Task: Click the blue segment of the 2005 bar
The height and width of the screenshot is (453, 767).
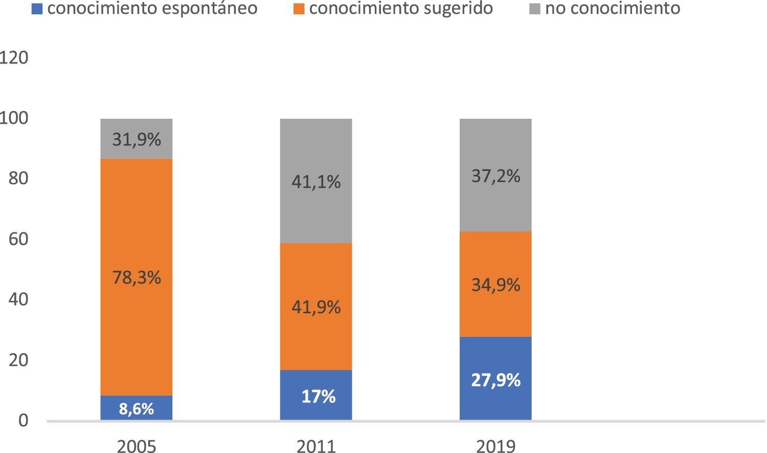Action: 136,408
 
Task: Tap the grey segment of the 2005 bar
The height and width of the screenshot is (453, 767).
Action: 136,139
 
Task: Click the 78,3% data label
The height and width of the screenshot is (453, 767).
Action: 136,277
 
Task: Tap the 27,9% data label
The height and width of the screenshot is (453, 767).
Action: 495,380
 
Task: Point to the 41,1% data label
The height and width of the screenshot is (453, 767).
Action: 315,182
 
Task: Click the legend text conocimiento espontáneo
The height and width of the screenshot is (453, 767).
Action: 152,8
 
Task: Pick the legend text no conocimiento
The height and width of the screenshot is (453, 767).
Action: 612,8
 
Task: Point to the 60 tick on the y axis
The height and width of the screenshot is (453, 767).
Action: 18,239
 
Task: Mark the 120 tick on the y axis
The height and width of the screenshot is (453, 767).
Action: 14,58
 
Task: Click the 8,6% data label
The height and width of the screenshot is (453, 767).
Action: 136,409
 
